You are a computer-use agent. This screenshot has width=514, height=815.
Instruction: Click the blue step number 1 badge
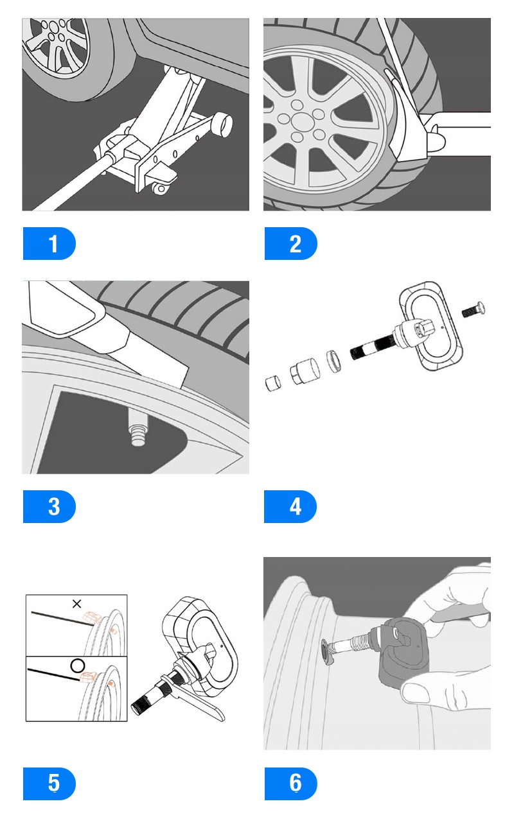(49, 244)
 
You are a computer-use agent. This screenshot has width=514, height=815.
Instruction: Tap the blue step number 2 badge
(291, 244)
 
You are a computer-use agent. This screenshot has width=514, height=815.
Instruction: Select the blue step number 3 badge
(49, 507)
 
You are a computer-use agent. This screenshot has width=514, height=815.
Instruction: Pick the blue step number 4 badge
(291, 507)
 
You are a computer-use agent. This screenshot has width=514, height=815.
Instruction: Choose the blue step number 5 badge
(49, 784)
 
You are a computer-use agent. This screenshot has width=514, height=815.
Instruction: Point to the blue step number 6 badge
(291, 784)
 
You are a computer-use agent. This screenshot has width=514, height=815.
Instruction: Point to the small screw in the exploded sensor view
(474, 310)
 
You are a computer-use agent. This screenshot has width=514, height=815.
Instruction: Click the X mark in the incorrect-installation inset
(77, 604)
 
